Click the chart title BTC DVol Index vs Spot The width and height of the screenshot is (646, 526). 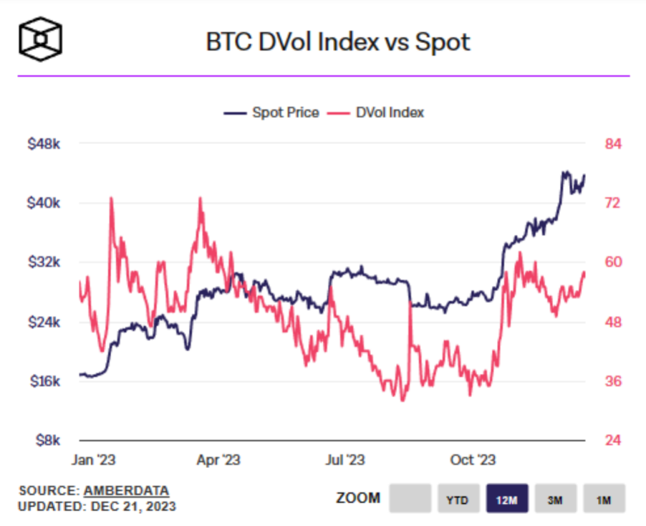338,42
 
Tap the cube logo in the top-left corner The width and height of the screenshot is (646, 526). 41,38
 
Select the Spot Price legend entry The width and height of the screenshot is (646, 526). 272,113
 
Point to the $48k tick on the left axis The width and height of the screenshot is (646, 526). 44,144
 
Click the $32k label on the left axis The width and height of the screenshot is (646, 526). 44,262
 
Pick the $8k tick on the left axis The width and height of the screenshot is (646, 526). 47,440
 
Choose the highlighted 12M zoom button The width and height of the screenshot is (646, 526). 507,500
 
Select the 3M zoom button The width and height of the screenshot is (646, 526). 555,500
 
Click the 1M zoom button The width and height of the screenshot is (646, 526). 604,500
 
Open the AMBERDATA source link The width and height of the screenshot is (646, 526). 126,491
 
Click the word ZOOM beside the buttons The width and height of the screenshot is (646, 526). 358,498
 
